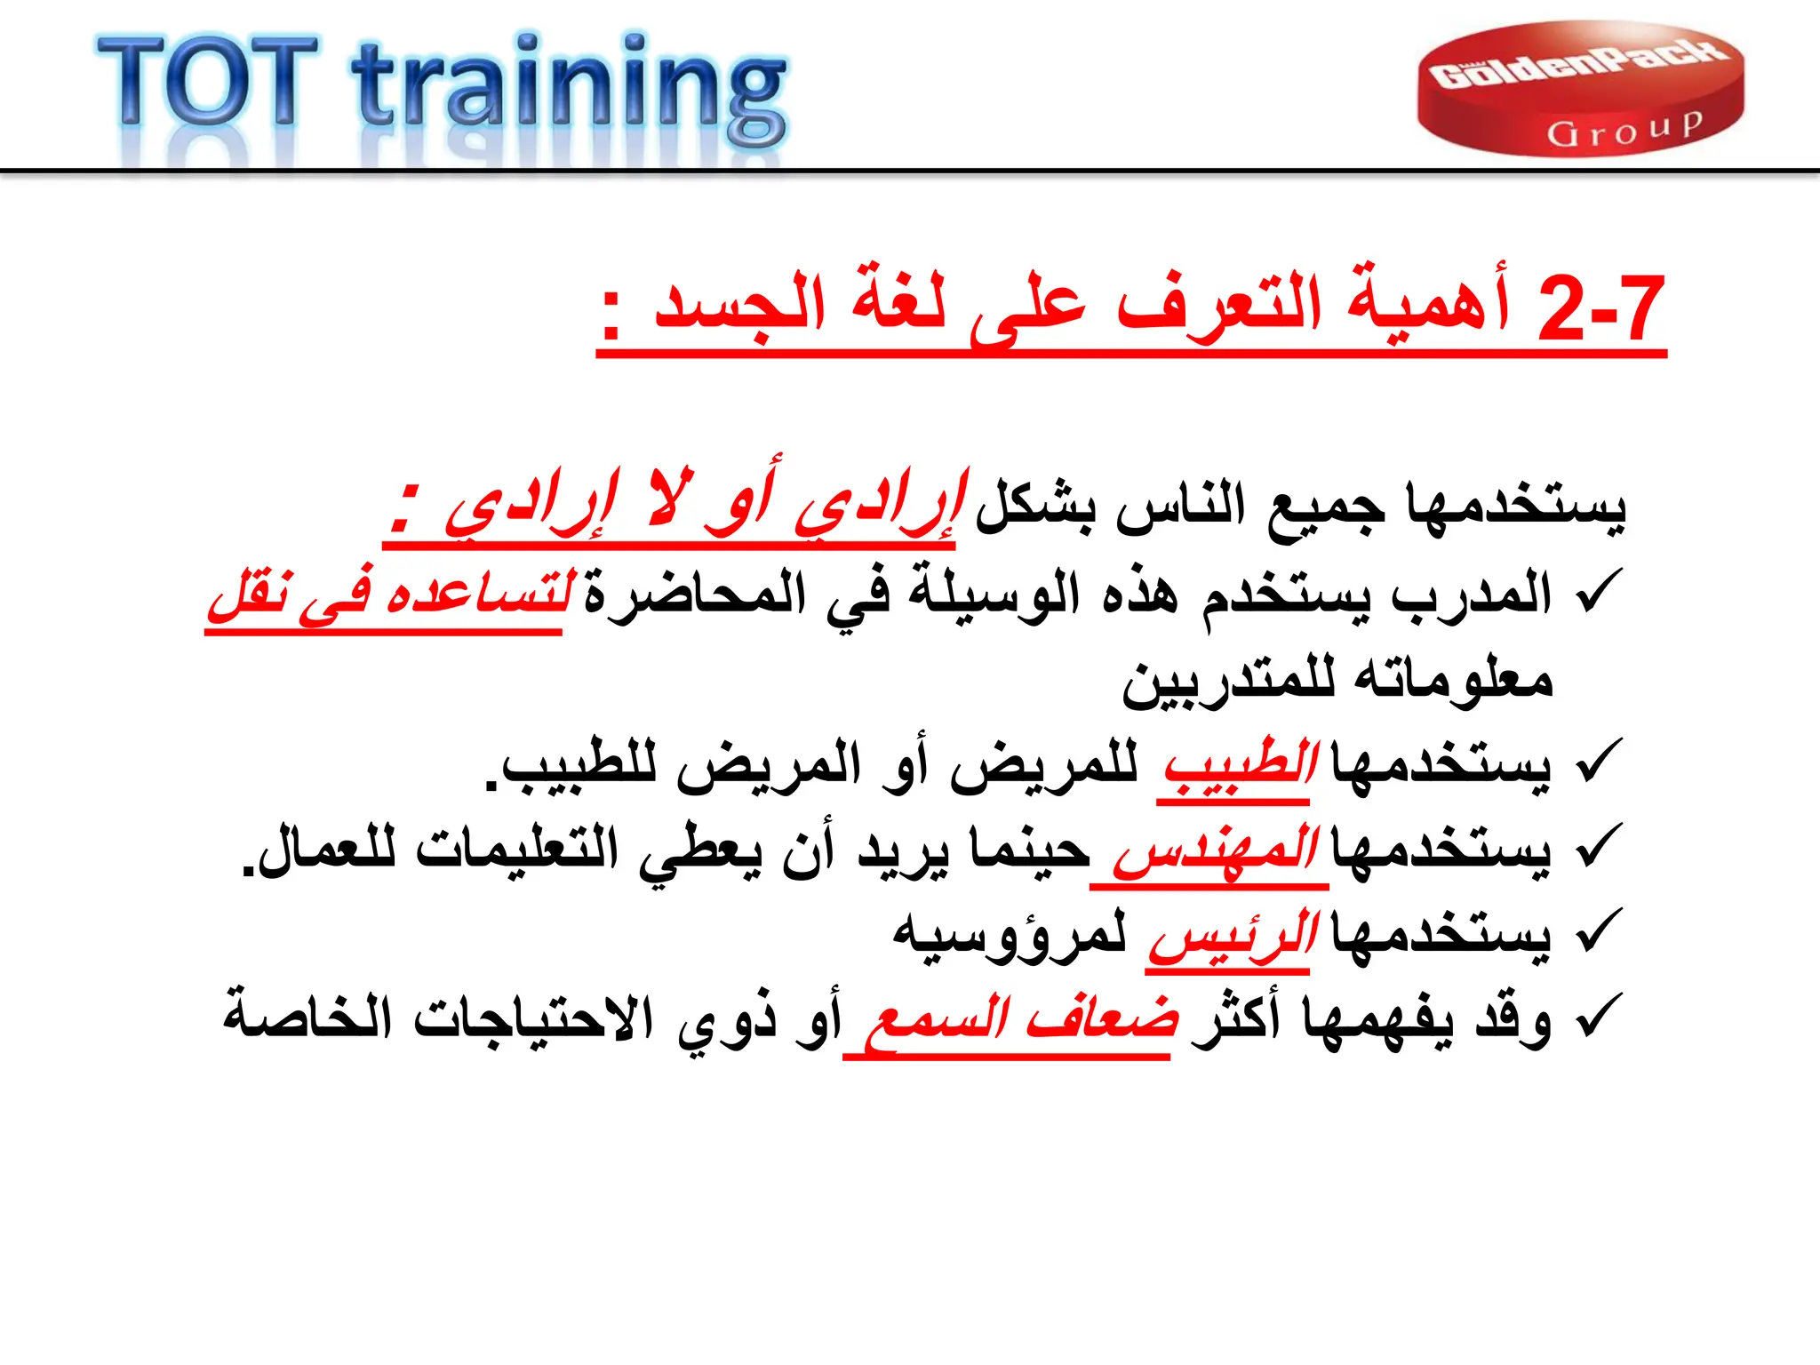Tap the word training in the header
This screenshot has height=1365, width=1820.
coord(569,89)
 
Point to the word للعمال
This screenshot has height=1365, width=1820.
coord(320,850)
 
